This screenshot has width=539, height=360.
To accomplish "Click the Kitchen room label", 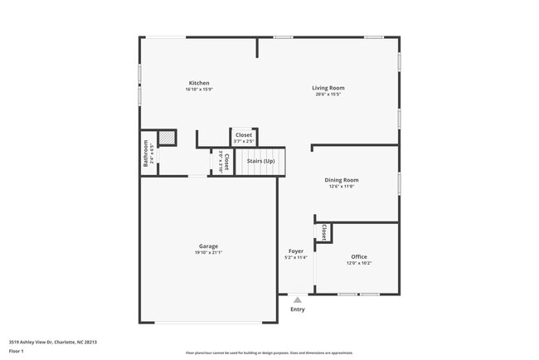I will click(199, 83).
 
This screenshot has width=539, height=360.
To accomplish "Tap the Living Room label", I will click(328, 88).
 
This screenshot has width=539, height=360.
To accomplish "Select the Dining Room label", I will click(341, 180).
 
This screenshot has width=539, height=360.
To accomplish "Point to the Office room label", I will click(359, 256).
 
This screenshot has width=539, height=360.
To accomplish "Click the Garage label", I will click(208, 246).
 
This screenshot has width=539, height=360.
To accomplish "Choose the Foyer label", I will click(296, 251).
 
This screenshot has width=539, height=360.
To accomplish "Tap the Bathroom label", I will click(146, 153).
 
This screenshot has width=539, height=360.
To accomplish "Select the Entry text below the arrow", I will click(298, 309).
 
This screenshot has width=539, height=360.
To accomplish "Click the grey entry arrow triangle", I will click(298, 299).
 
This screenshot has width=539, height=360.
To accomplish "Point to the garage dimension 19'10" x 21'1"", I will click(208, 252).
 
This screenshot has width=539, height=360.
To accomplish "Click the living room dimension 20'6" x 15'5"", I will click(328, 95).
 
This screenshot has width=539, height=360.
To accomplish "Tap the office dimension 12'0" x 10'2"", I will click(359, 263).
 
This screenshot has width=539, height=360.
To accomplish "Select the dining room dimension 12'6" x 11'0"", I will click(341, 187).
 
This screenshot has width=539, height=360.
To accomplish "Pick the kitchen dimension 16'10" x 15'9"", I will click(199, 90).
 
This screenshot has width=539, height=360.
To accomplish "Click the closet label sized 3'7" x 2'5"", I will click(244, 135).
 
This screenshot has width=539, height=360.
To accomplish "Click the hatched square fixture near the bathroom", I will click(167, 139).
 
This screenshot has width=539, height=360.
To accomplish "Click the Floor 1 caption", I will click(17, 351).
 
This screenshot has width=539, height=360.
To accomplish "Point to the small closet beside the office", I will click(323, 231).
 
